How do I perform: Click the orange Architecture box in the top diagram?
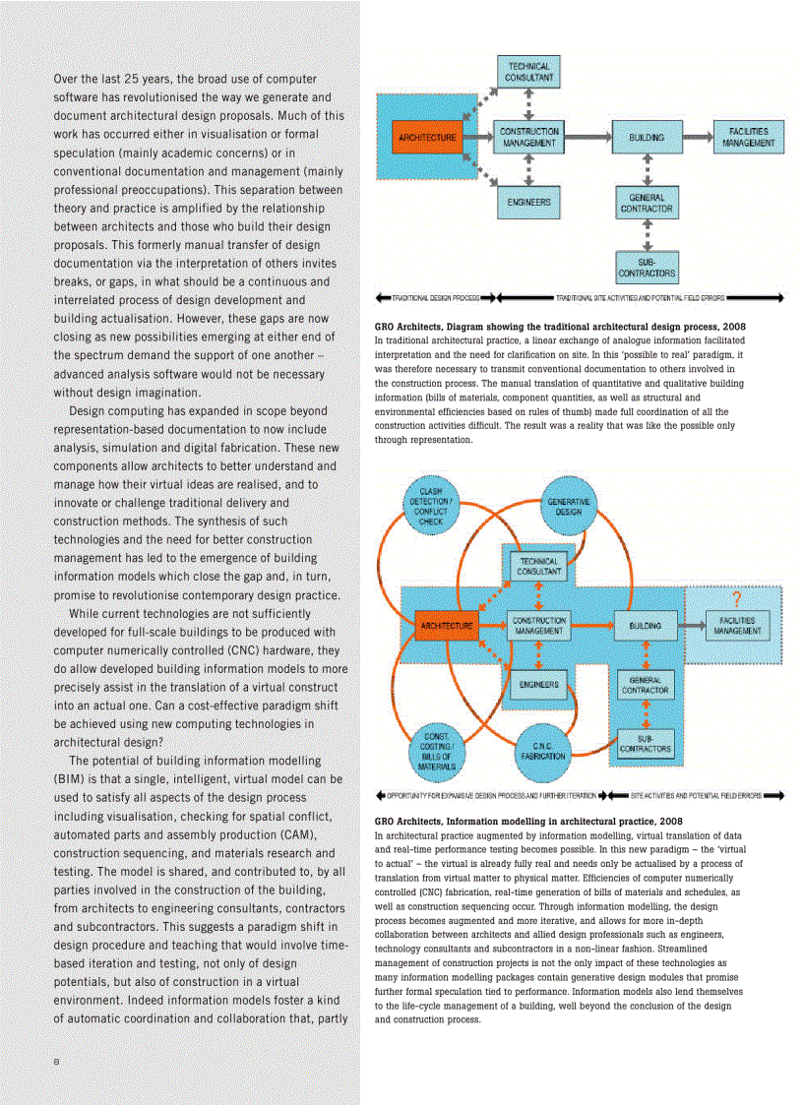pos(427,138)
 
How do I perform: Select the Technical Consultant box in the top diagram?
pos(528,72)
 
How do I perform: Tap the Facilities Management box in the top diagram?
pos(749,138)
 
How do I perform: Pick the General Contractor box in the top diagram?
pos(647,204)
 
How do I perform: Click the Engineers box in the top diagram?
pos(528,204)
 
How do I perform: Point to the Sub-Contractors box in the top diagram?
pos(647,267)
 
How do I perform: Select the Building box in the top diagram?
pos(647,138)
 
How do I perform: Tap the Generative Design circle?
pos(568,507)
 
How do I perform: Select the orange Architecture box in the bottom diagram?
pos(447,625)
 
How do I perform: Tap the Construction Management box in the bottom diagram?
pos(539,626)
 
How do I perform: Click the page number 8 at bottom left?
pos(56,1061)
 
